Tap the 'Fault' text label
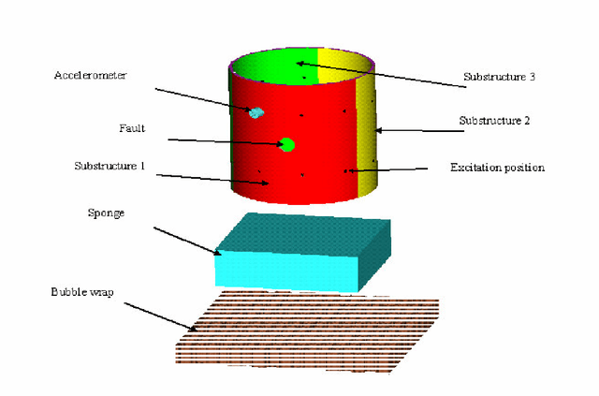[132, 127]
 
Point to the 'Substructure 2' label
[495, 121]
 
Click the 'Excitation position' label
[497, 168]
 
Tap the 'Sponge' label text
[105, 213]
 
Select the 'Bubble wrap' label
[81, 292]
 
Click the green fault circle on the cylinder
[287, 144]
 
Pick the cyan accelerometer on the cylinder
[256, 112]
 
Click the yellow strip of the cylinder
[367, 140]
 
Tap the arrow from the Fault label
[225, 142]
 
